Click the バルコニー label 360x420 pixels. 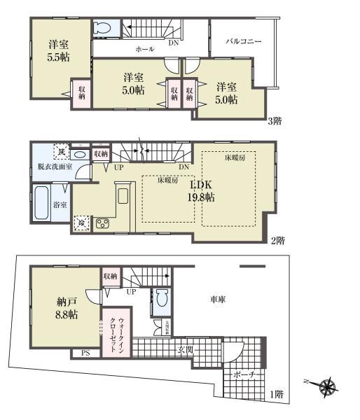(244, 42)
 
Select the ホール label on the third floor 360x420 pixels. (145, 49)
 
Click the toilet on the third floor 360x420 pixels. (102, 28)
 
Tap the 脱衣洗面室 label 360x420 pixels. (53, 167)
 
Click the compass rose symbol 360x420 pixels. (326, 385)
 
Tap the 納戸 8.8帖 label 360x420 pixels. (67, 308)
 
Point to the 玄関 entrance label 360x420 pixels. (186, 347)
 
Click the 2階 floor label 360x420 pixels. (279, 240)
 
